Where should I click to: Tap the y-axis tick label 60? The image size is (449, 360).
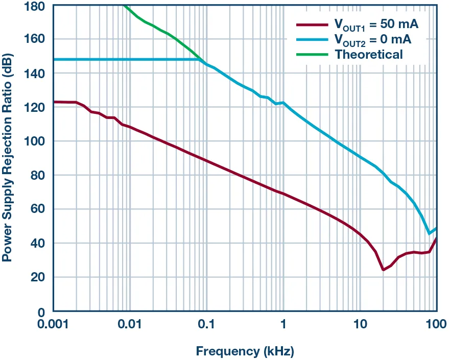[39, 209]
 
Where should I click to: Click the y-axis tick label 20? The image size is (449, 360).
[39, 277]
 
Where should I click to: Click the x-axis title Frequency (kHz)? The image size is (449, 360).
[245, 351]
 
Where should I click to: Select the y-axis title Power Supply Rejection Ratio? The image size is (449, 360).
[7, 158]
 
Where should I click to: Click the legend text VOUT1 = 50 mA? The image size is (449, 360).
[376, 25]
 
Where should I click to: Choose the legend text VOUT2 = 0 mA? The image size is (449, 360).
[372, 39]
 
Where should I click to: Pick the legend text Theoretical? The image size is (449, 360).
[368, 54]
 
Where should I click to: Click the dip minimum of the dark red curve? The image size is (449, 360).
[383, 270]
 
